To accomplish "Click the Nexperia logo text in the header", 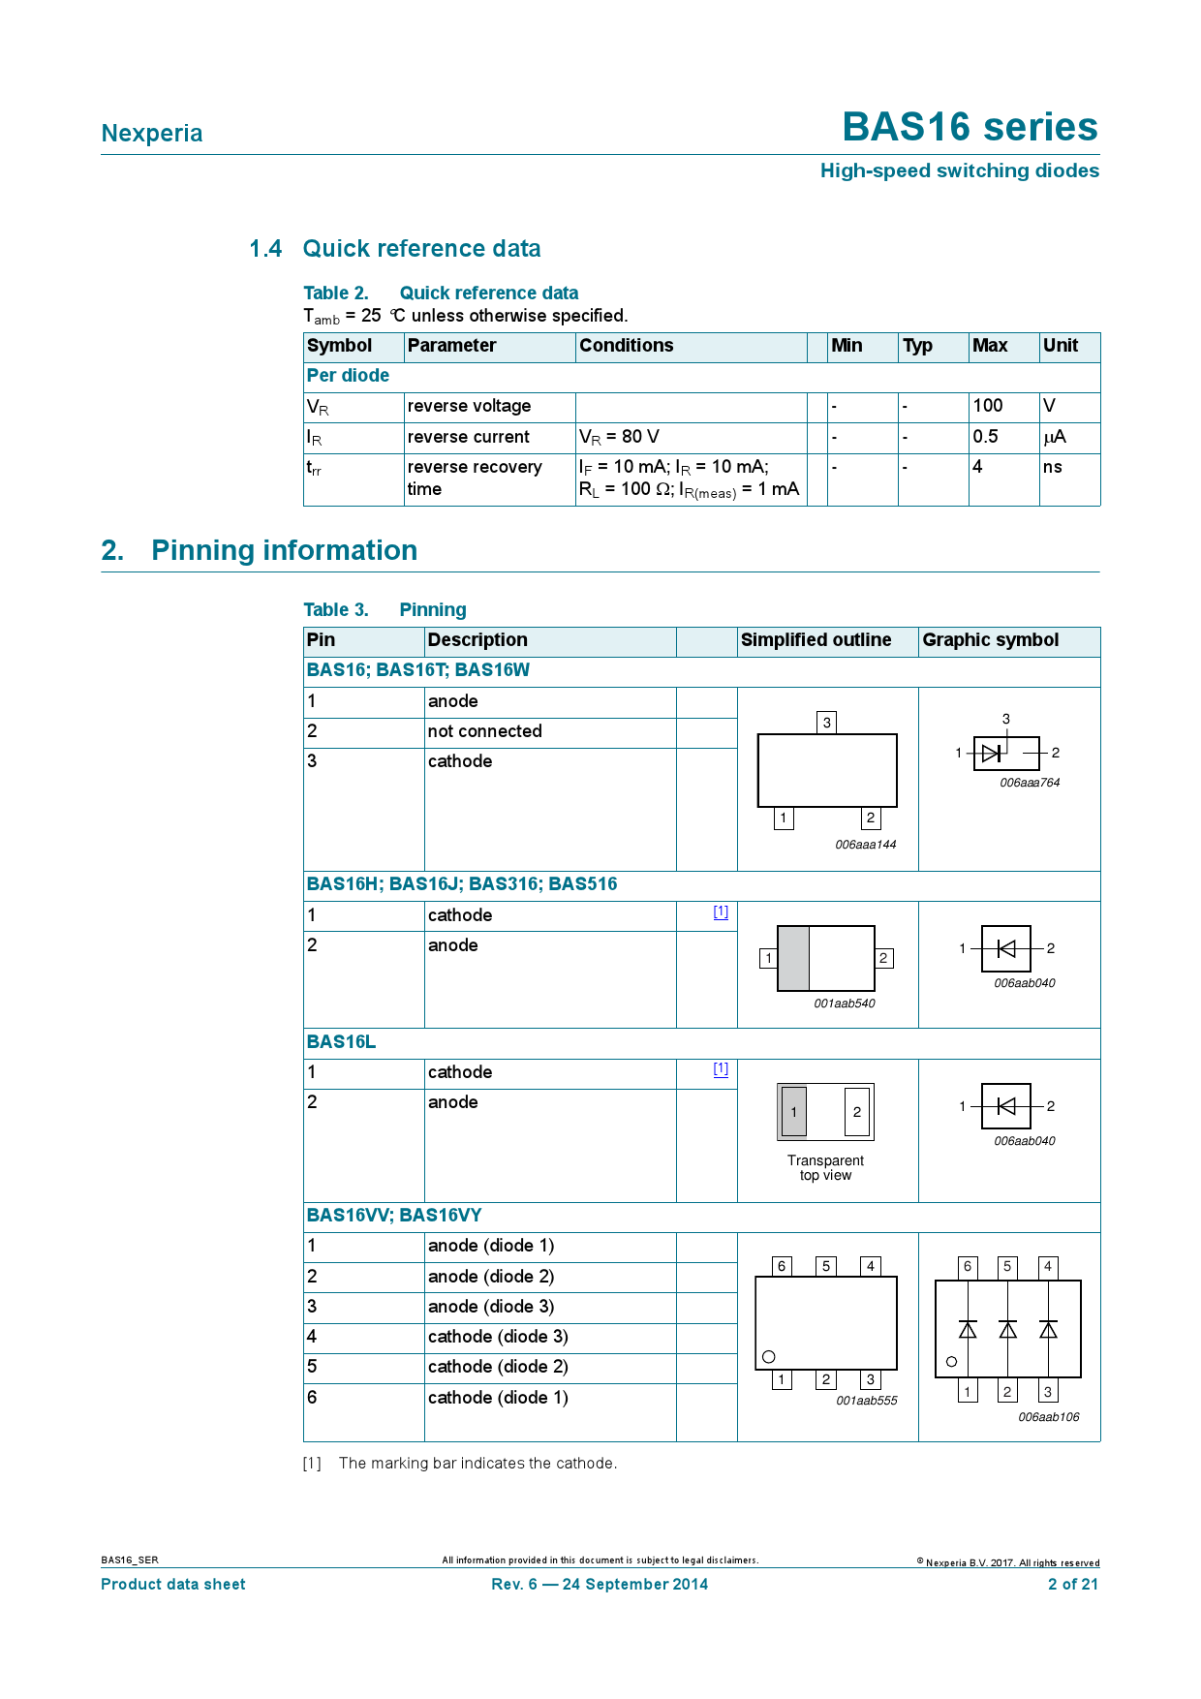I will click(x=152, y=134).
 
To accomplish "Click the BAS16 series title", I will click(x=970, y=127).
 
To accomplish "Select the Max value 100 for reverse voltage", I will click(x=988, y=406).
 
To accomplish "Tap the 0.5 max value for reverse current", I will click(x=985, y=437).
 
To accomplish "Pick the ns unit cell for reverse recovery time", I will click(x=1053, y=467).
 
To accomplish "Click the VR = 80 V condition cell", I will click(x=619, y=437).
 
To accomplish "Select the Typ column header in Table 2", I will click(x=917, y=346).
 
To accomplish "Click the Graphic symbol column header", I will click(x=990, y=640).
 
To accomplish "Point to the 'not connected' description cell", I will click(x=484, y=731).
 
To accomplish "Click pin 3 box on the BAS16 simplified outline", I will click(x=826, y=723).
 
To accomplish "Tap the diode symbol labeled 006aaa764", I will click(x=992, y=753).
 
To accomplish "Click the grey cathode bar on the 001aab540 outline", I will click(x=793, y=958).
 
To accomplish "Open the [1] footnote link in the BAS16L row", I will click(x=721, y=1068).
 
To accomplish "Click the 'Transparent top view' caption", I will click(x=825, y=1168).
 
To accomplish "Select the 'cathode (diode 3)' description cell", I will click(x=498, y=1337).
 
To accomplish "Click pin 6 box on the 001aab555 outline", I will click(x=782, y=1266).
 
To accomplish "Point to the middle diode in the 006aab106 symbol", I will click(x=1007, y=1329).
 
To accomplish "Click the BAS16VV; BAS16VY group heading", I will click(x=393, y=1216).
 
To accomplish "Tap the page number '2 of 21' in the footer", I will click(x=1072, y=1585).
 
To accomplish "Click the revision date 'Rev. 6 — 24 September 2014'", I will click(x=600, y=1585).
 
